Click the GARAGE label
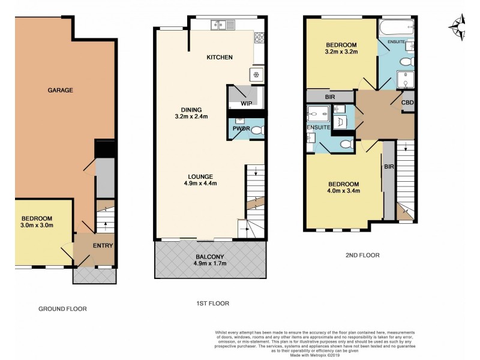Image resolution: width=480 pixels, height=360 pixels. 61,91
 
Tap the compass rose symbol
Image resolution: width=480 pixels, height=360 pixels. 458,26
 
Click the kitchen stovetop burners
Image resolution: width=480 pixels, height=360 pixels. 260,37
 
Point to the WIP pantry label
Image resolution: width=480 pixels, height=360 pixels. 246,103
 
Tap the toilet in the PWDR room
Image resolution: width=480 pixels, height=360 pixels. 256,130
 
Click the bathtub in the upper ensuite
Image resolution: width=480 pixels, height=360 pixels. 396,27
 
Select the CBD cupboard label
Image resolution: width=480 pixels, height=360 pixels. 408,102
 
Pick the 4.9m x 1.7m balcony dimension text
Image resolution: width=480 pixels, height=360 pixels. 209,262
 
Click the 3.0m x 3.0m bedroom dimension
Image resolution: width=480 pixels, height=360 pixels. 37,226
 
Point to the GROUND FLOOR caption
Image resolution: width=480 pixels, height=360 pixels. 62,309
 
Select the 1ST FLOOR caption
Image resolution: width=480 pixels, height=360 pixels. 209,304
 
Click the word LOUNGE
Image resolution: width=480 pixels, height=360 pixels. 200,176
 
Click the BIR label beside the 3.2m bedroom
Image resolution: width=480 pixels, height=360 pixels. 330,96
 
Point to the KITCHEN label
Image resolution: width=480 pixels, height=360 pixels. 220,58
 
